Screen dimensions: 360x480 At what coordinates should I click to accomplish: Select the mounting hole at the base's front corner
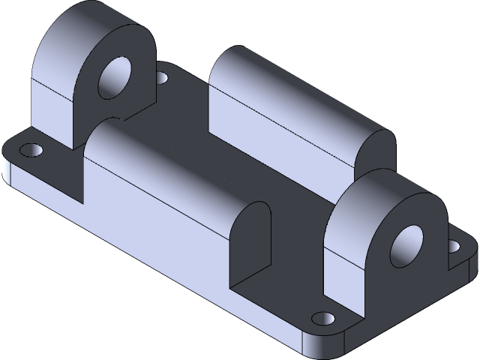(322, 318)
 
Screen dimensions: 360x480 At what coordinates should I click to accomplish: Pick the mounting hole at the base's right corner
(454, 245)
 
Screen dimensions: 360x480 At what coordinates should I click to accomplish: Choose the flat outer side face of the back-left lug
(52, 112)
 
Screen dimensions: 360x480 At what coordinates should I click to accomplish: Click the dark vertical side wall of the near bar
(150, 217)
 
